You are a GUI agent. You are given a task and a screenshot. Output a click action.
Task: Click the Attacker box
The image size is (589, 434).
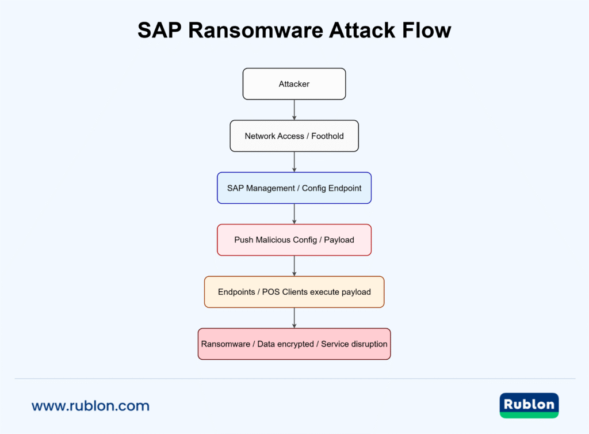click(294, 84)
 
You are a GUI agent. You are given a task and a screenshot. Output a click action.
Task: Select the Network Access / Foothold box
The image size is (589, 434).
click(294, 136)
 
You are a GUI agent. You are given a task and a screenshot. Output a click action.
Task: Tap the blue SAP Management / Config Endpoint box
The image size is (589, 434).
click(294, 188)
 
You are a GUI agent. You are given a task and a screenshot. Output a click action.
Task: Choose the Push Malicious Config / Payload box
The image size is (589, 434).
click(294, 239)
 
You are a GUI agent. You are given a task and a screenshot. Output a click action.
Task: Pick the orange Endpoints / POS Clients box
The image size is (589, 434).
click(294, 292)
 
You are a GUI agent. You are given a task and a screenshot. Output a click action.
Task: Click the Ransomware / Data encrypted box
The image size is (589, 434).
click(294, 344)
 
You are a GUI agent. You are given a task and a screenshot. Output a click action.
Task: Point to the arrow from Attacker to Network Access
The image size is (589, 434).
click(294, 109)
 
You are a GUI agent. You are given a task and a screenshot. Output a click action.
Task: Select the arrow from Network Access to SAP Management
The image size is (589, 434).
click(294, 161)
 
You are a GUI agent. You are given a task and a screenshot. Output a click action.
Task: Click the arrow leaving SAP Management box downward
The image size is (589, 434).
click(294, 214)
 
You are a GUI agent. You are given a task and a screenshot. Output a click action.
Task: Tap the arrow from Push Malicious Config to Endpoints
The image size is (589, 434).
click(294, 265)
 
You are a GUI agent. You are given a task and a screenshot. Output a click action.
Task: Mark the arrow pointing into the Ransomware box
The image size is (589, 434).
click(294, 317)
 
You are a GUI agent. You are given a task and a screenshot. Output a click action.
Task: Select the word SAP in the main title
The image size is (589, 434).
click(160, 31)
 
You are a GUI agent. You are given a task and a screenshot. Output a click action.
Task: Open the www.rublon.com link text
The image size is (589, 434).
click(90, 406)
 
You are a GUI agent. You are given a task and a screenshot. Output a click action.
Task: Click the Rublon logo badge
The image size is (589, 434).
click(529, 405)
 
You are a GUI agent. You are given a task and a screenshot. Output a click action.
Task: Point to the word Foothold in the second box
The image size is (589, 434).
click(327, 136)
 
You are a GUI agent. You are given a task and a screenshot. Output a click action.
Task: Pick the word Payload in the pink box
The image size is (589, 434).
click(339, 239)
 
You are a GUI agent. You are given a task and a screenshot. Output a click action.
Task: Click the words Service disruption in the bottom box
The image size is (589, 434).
click(354, 344)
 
